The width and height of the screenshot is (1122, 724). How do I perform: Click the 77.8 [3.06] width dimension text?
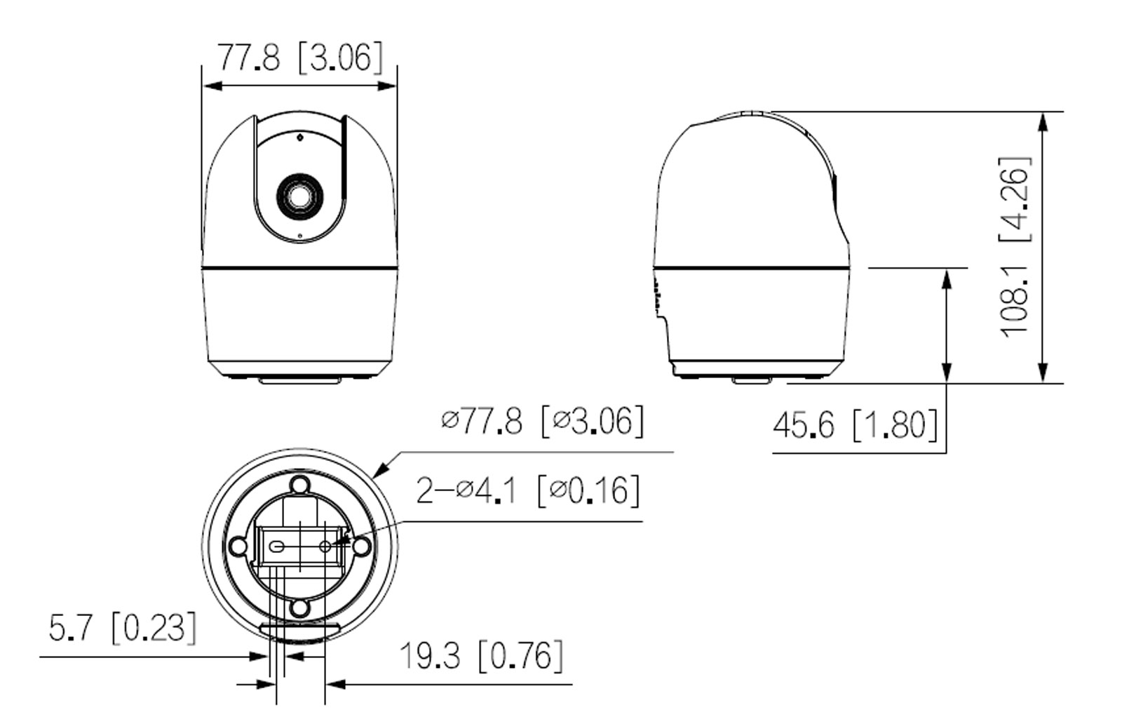299,57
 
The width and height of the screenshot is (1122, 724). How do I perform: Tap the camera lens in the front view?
299,196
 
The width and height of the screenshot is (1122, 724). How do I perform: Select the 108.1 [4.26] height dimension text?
1015,247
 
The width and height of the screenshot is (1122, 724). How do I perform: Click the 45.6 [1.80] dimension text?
855,424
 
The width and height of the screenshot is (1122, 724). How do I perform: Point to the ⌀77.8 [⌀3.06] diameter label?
542,422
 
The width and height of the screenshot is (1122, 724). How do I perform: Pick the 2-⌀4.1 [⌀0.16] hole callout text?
528,490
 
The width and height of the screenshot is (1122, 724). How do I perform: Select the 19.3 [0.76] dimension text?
481,656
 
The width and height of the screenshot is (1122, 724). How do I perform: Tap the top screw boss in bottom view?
300,485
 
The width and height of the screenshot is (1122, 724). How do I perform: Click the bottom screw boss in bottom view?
300,608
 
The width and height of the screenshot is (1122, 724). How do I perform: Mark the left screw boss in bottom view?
239,546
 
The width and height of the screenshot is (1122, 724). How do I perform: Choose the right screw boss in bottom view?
361,546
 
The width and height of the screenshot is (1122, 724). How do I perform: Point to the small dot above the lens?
299,137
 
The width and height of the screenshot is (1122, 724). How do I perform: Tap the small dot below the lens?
300,236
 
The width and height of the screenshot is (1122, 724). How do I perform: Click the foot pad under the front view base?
299,380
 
